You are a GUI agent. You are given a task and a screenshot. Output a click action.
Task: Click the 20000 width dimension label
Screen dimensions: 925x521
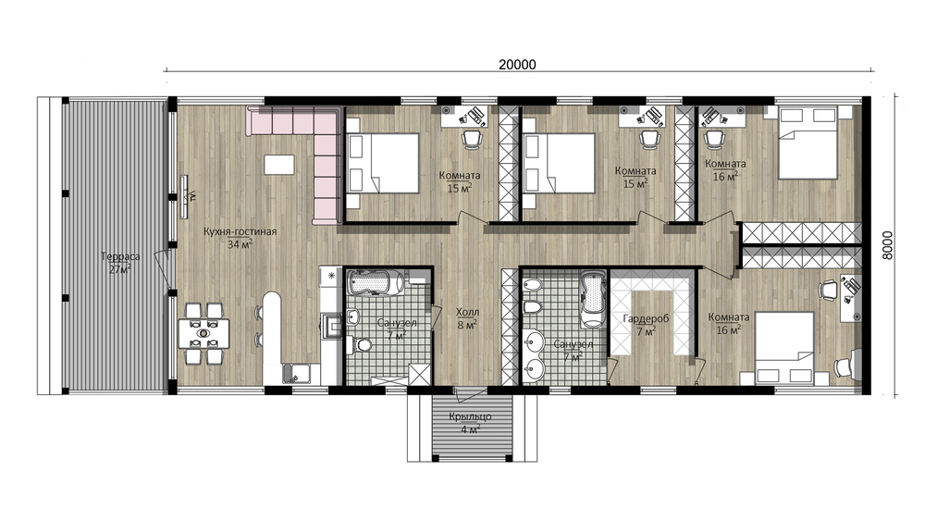[x=517, y=64]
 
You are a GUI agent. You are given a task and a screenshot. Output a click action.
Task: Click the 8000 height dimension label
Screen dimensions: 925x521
[x=887, y=245]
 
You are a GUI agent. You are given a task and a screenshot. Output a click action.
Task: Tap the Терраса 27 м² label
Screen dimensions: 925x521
[x=120, y=263]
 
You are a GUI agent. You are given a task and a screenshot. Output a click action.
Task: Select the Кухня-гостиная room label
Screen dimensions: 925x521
[x=240, y=232]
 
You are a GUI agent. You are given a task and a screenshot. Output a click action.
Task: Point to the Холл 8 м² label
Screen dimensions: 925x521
[x=467, y=318]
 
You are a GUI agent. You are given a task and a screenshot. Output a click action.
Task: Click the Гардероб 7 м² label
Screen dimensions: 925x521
[x=646, y=325]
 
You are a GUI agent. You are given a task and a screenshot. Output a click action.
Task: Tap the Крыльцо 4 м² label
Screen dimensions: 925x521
[x=470, y=423]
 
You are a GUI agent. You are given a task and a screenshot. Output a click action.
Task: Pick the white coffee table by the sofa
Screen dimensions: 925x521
[x=279, y=164]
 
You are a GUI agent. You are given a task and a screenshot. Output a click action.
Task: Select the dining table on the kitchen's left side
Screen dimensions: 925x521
[x=204, y=333]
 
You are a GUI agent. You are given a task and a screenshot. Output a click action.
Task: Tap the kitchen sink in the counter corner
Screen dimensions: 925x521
[x=297, y=373]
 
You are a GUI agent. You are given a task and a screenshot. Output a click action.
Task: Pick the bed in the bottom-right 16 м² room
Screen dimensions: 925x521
[x=778, y=348]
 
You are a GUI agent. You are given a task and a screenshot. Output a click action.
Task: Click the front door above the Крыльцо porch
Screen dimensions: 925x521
[x=470, y=390]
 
